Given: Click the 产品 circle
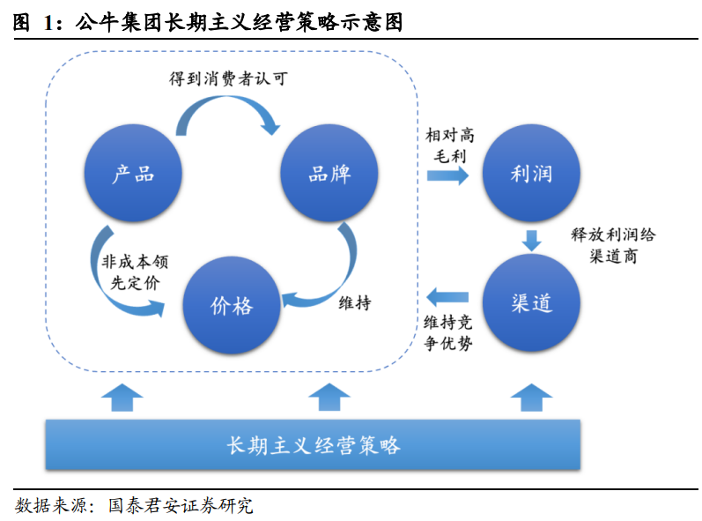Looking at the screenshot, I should click(x=133, y=173).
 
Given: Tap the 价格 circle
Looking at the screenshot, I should click(x=232, y=305).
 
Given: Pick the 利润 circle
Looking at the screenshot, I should click(x=531, y=173).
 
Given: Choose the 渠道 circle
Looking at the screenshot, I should click(x=531, y=304).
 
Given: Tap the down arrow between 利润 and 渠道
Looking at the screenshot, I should click(x=531, y=240).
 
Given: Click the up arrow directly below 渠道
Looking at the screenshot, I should click(x=531, y=398).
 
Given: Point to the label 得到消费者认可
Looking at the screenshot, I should click(x=228, y=78).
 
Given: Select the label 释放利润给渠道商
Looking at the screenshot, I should click(x=613, y=245).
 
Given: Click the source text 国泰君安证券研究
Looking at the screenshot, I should click(x=180, y=506).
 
